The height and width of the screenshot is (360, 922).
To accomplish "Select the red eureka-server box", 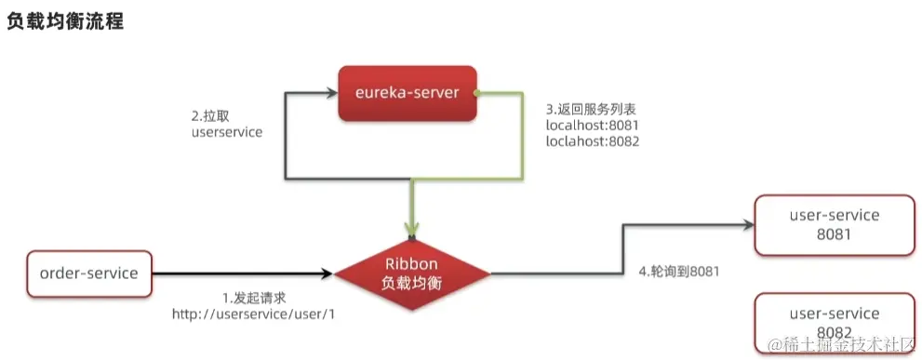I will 407,94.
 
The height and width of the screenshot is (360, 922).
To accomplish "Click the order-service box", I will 89,273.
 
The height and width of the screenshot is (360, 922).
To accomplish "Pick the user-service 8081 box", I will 834,224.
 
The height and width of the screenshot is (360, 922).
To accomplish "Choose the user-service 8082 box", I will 834,322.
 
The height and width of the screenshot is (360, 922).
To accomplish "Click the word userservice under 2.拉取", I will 226,133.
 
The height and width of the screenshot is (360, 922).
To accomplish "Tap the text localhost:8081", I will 592,124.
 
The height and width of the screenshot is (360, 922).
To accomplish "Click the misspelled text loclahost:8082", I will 592,141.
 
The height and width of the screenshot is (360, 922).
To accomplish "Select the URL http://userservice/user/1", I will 253,314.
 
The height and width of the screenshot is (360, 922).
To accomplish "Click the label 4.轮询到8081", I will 677,273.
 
